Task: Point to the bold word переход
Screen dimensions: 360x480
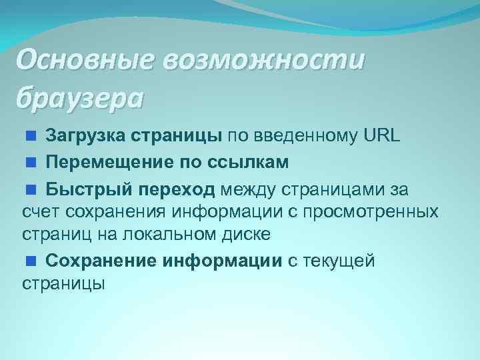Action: click(x=177, y=190)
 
